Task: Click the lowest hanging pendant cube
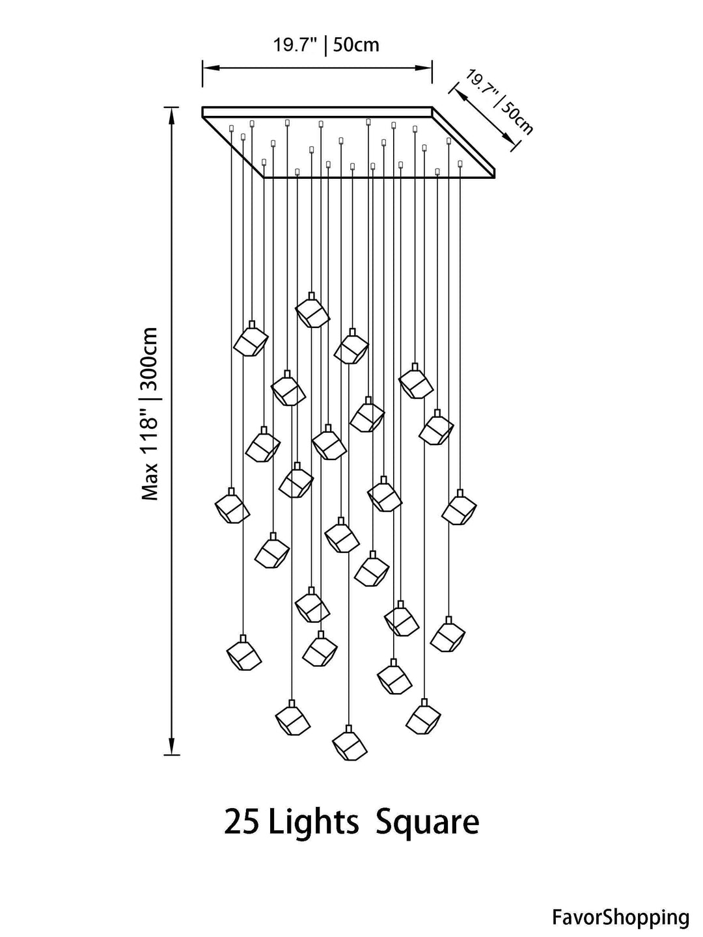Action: coord(349,746)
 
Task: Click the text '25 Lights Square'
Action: coord(351,822)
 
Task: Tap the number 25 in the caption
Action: coord(241,822)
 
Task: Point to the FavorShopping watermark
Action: coord(620,917)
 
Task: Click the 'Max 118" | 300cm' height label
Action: coord(151,414)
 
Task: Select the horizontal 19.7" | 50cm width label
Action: coord(325,45)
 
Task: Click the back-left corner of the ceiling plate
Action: coord(203,109)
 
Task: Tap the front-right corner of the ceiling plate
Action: coord(495,174)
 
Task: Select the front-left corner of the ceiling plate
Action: coord(264,176)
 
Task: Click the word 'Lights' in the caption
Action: coord(314,822)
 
